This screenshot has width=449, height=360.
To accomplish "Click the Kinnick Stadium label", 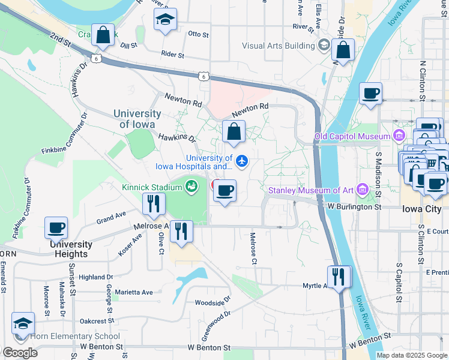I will pos(151,187).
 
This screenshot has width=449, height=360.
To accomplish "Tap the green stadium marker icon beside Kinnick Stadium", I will pos(191,187).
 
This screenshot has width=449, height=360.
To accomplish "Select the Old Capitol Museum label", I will pos(353,137).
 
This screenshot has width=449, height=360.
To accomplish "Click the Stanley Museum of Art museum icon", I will pos(362,190).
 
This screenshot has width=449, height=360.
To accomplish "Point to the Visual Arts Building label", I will pos(278,46).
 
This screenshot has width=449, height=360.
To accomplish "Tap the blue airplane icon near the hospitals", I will pos(242,161).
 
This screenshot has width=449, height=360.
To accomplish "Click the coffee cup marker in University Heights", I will pos(56,227).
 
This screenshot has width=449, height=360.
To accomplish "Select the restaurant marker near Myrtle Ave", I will pos(339,277).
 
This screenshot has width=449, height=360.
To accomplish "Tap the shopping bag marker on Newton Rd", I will pos(234,131).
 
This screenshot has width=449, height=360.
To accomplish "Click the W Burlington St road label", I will pos(355,206).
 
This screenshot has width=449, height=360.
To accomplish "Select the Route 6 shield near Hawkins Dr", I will pos(96,58).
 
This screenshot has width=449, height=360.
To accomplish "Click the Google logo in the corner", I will pos(19,352).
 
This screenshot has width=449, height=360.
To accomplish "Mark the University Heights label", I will pos(71,249).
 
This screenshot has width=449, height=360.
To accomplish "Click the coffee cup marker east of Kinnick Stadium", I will pos(224,191).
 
